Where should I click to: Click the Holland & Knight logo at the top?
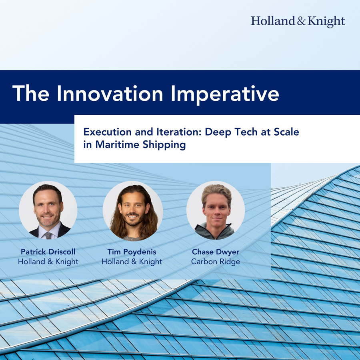pos(298,22)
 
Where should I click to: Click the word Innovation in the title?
pos(110,94)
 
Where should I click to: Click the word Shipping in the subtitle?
pos(164,145)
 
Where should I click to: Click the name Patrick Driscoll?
pos(48,252)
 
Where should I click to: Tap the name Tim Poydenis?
pos(132,252)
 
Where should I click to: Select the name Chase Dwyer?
pos(216,252)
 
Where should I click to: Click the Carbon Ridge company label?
pos(216,262)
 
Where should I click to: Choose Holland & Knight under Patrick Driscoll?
pos(48,262)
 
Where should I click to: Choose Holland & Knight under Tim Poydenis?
pos(132,262)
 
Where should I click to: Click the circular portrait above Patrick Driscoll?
pos(48,210)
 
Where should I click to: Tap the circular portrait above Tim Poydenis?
pos(133,211)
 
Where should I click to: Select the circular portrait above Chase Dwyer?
pos(216,210)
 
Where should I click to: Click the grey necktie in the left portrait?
pos(48,236)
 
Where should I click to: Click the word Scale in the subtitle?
pos(286,132)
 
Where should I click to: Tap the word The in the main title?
pos(31,94)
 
